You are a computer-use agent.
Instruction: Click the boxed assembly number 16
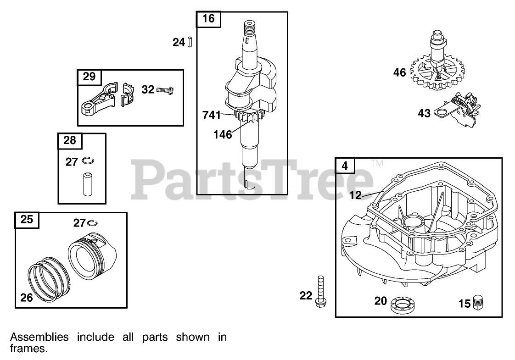[208, 19]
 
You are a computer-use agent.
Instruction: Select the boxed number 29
[89, 77]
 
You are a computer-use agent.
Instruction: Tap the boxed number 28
[70, 140]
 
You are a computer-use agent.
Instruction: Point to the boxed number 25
[27, 220]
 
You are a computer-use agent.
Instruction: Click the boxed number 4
[345, 166]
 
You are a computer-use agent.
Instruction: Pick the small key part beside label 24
[189, 43]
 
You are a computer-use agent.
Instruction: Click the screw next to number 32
[166, 90]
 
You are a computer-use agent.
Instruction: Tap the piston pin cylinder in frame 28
[86, 183]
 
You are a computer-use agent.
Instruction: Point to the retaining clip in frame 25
[93, 223]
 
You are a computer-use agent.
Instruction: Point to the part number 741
[212, 116]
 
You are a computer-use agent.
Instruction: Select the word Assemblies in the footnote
[39, 338]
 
